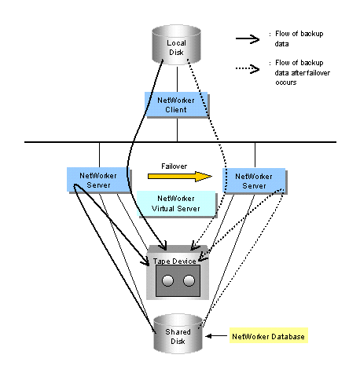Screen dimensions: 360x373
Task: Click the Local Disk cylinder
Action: (176, 45)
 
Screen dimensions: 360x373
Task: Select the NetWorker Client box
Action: (177, 104)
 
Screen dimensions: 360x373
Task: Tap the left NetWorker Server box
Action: (98, 181)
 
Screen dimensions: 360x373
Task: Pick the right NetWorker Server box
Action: (255, 181)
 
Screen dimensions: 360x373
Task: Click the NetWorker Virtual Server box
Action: (177, 204)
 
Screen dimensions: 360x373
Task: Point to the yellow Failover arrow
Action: (180, 176)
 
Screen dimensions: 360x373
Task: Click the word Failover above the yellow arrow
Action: (174, 166)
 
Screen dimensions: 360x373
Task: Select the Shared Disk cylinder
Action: (178, 334)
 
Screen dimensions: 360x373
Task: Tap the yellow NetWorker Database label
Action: (269, 335)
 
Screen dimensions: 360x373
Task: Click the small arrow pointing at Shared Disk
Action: (216, 336)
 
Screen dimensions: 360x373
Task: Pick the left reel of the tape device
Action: (167, 281)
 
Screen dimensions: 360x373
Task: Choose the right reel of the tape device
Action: (189, 281)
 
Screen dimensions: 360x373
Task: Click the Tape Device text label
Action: (174, 261)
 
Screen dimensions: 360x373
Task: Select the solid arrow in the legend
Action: (248, 38)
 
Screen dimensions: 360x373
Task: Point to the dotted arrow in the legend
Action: (248, 69)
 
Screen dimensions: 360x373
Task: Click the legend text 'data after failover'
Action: (303, 72)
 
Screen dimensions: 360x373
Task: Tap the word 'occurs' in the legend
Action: (286, 82)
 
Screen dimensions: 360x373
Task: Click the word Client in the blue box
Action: (176, 110)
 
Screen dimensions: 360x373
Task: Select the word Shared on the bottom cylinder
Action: (178, 331)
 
